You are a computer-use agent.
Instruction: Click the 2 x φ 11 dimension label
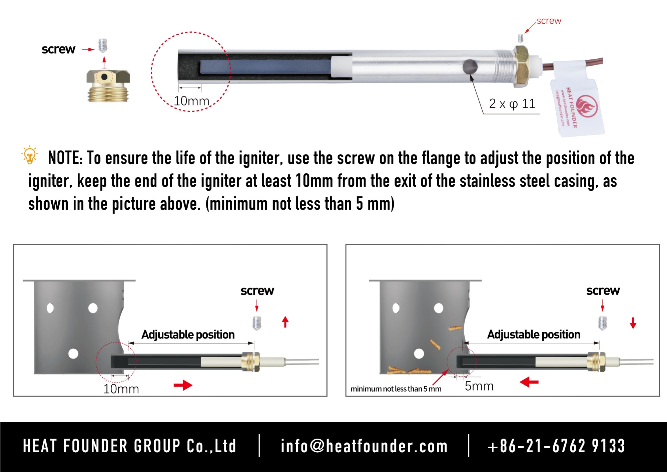point(512,104)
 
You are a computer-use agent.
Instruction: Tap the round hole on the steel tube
point(470,67)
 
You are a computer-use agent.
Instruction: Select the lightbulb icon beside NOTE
point(30,155)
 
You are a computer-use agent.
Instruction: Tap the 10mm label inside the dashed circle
point(191,101)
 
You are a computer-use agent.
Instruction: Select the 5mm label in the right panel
point(479,386)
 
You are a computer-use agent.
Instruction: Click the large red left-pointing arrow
point(529,382)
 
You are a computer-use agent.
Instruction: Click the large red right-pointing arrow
point(183,385)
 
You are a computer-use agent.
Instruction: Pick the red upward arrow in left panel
point(285,322)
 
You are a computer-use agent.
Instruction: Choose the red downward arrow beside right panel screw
point(633,323)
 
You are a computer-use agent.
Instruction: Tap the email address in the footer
point(364,446)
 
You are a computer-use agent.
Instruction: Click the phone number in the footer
point(556,446)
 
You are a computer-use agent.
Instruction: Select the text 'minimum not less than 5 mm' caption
point(396,389)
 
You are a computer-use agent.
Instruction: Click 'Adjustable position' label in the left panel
point(188,334)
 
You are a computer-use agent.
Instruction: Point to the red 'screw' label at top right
point(549,21)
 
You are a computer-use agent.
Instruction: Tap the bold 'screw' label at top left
point(58,49)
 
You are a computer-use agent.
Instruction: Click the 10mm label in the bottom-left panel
point(121,389)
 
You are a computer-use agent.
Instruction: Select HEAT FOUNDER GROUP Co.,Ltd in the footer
point(130,446)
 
